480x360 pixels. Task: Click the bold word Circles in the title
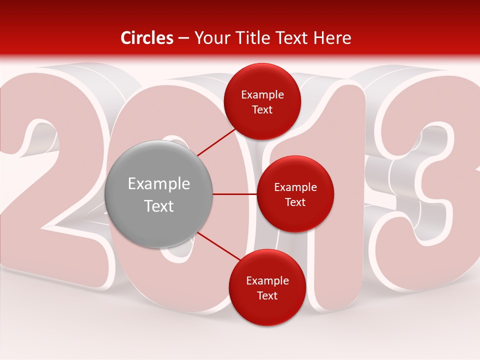click(147, 38)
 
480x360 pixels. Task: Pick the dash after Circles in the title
click(183, 38)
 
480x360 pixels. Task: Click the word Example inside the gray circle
click(158, 184)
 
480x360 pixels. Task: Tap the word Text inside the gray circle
click(158, 206)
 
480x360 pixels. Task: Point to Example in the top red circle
click(262, 95)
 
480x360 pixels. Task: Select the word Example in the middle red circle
click(295, 187)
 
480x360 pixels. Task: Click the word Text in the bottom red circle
click(267, 296)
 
